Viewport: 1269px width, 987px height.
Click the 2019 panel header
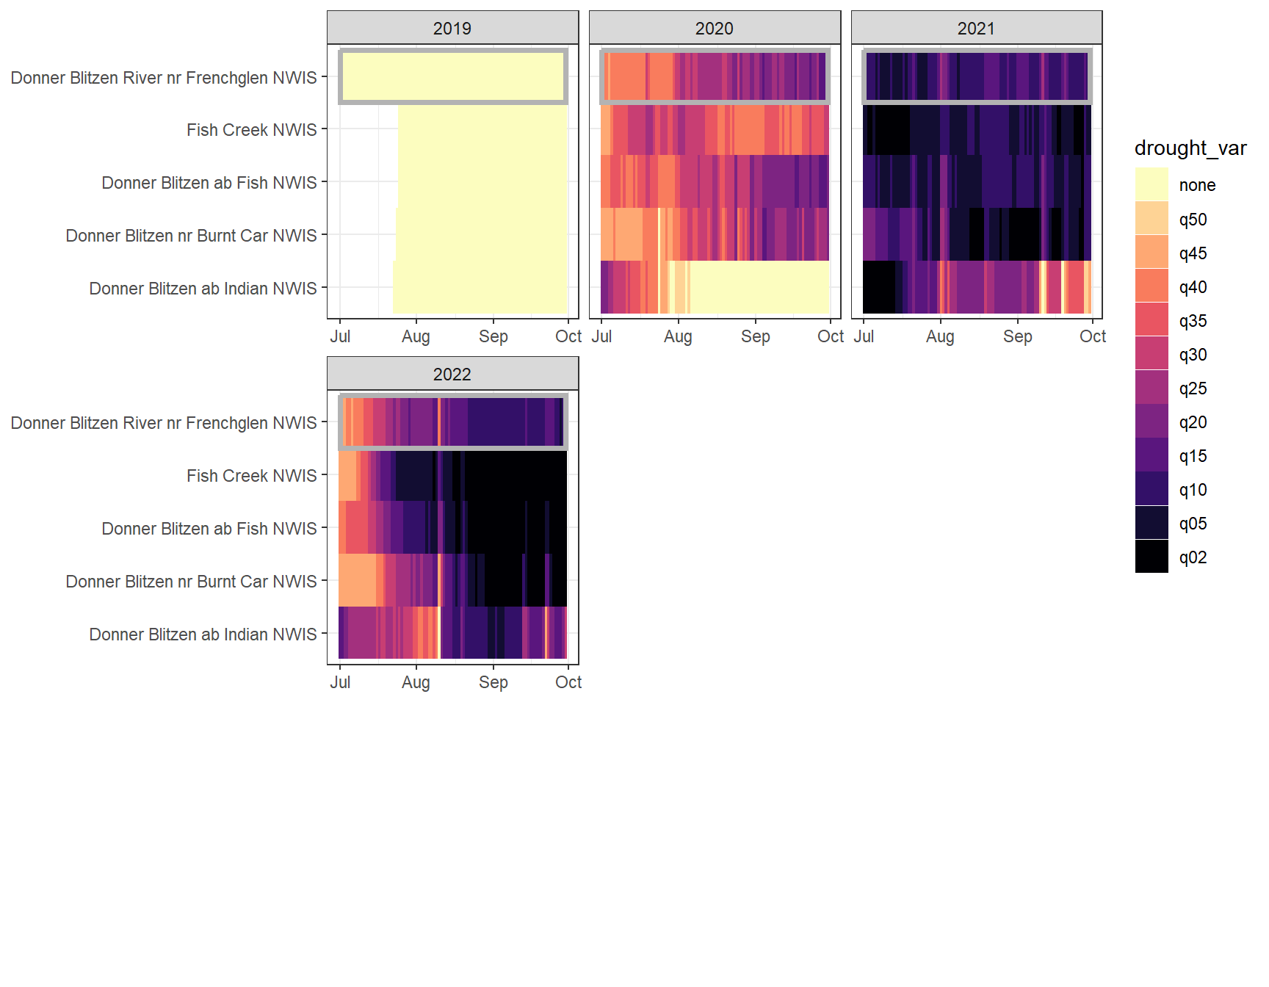[x=452, y=29]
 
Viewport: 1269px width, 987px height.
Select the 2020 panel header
[x=715, y=29]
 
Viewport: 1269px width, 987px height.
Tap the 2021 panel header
[x=976, y=29]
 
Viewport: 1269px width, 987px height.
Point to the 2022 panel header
[x=452, y=375]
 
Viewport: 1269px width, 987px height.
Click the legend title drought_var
[x=1190, y=148]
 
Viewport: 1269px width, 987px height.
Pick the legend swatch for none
[x=1151, y=185]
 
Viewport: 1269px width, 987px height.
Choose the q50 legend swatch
[x=1151, y=219]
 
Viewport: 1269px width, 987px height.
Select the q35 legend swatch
[x=1151, y=320]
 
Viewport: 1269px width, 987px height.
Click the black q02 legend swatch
[x=1151, y=557]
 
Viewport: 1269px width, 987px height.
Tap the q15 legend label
[x=1193, y=456]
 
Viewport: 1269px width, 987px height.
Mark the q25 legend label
[x=1193, y=388]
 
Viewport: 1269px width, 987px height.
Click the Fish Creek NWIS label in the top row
[x=251, y=130]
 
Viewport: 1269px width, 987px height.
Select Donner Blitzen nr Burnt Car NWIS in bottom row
[x=191, y=582]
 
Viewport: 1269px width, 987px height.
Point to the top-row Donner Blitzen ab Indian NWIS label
[x=203, y=289]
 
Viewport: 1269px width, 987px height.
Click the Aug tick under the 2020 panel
[x=678, y=336]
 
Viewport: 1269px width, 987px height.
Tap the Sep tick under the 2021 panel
[x=1017, y=336]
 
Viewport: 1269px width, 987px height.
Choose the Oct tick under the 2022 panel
[x=568, y=682]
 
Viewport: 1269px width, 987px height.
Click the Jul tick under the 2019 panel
[x=340, y=336]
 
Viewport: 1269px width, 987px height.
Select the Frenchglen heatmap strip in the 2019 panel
[x=453, y=76]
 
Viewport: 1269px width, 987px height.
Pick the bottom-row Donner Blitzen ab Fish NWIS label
[x=209, y=529]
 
